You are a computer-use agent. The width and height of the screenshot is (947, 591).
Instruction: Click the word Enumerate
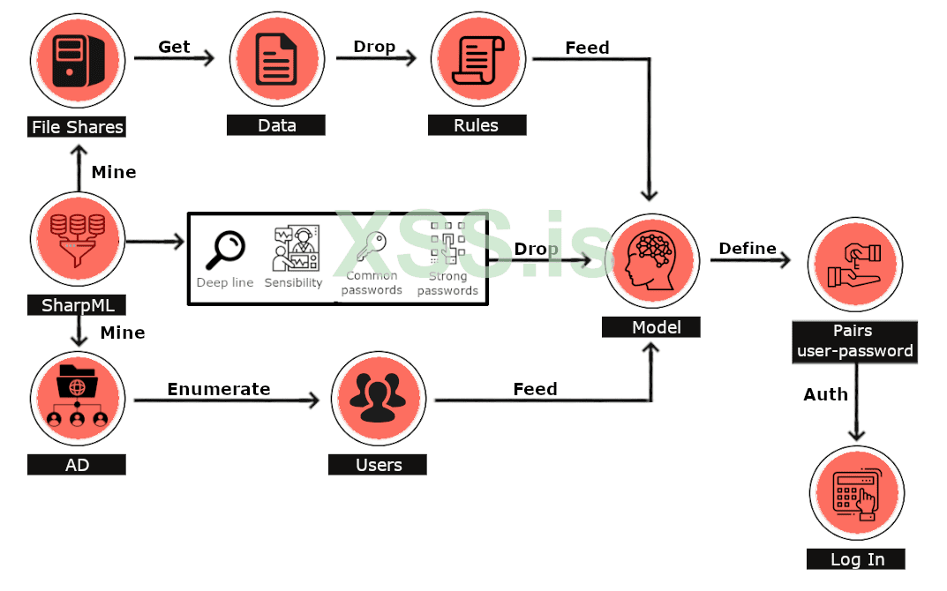(219, 389)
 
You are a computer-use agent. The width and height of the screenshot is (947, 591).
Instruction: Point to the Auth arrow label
(825, 394)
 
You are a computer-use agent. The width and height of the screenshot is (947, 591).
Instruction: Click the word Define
(748, 249)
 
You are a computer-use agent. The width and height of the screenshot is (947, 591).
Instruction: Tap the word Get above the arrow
(174, 47)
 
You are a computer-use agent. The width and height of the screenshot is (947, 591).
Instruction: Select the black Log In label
(856, 559)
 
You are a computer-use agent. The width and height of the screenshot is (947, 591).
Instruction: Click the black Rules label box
(477, 125)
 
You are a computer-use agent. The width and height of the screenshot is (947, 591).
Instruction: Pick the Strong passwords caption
(447, 283)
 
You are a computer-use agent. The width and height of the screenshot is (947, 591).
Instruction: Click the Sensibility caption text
(294, 283)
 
